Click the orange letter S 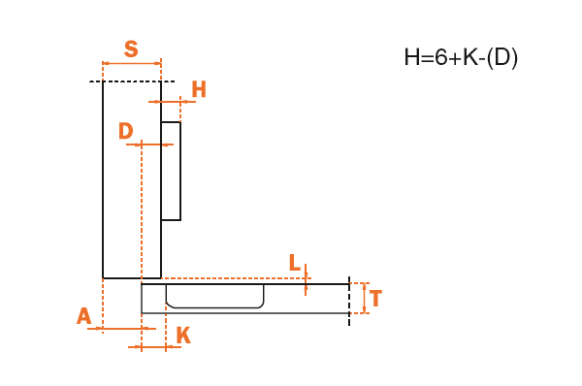pyautogui.click(x=131, y=49)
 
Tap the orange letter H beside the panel pyautogui.click(x=199, y=89)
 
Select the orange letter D pyautogui.click(x=125, y=131)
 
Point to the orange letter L pyautogui.click(x=294, y=263)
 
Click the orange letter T pyautogui.click(x=375, y=298)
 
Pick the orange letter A pyautogui.click(x=83, y=316)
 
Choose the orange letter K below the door pyautogui.click(x=183, y=336)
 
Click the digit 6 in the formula pyautogui.click(x=440, y=57)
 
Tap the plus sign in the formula pyautogui.click(x=455, y=59)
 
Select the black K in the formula pyautogui.click(x=470, y=57)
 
